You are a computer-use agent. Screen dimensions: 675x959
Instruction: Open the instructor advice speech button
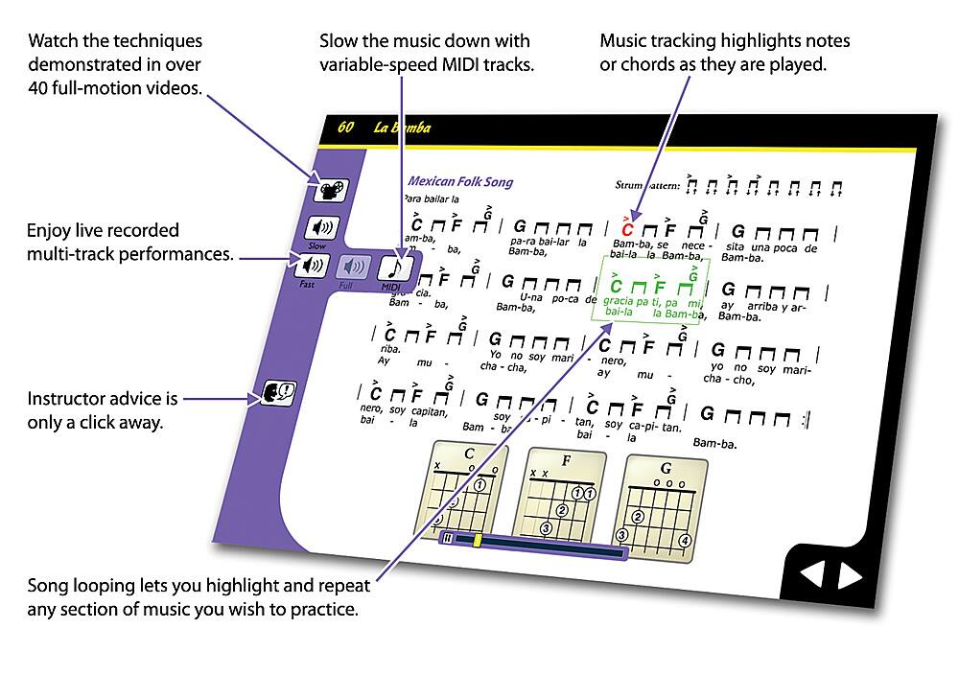(x=277, y=391)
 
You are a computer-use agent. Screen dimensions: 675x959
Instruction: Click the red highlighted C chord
(x=627, y=229)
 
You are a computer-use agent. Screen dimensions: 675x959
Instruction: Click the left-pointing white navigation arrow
(x=811, y=574)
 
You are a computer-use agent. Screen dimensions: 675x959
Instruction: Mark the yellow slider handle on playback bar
(x=478, y=541)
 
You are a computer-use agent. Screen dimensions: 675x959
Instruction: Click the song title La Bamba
(x=403, y=128)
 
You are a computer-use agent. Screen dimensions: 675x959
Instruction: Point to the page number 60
(x=346, y=127)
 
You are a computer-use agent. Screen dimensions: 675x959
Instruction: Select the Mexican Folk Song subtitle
(x=460, y=181)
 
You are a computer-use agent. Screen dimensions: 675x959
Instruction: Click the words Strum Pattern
(x=648, y=185)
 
